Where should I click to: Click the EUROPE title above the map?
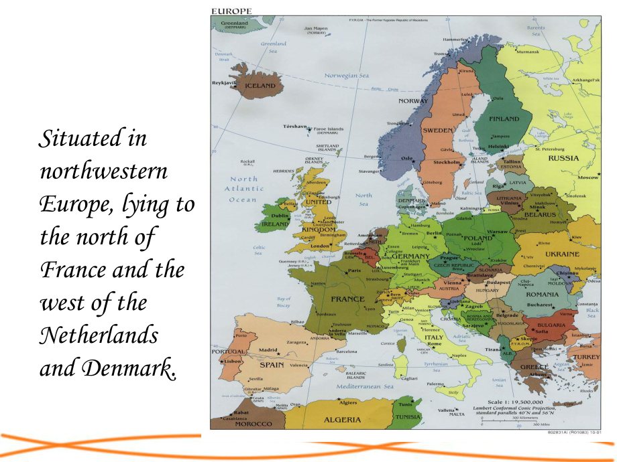tap(231, 11)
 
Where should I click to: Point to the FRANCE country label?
tap(347, 299)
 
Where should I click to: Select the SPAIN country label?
tap(272, 366)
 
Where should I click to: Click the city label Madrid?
tap(268, 350)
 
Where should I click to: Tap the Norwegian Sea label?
tap(347, 76)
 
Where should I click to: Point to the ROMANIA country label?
tap(541, 295)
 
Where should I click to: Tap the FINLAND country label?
tap(504, 119)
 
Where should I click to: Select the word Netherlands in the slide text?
tap(100, 335)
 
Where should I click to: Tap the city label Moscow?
tap(587, 177)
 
